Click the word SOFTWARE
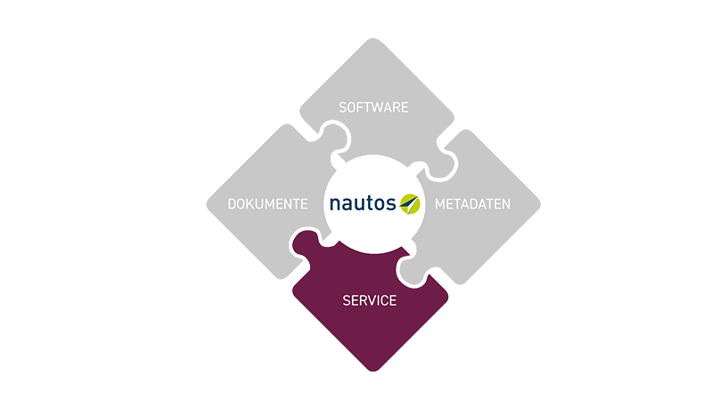click(x=373, y=107)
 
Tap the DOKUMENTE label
click(x=268, y=204)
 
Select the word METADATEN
click(x=472, y=204)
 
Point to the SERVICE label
click(x=370, y=300)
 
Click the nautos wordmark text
click(x=363, y=204)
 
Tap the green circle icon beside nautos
click(x=409, y=203)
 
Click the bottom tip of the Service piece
click(x=373, y=368)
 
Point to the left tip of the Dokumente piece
click(x=209, y=204)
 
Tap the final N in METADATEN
click(x=506, y=204)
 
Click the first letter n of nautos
click(x=334, y=205)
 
